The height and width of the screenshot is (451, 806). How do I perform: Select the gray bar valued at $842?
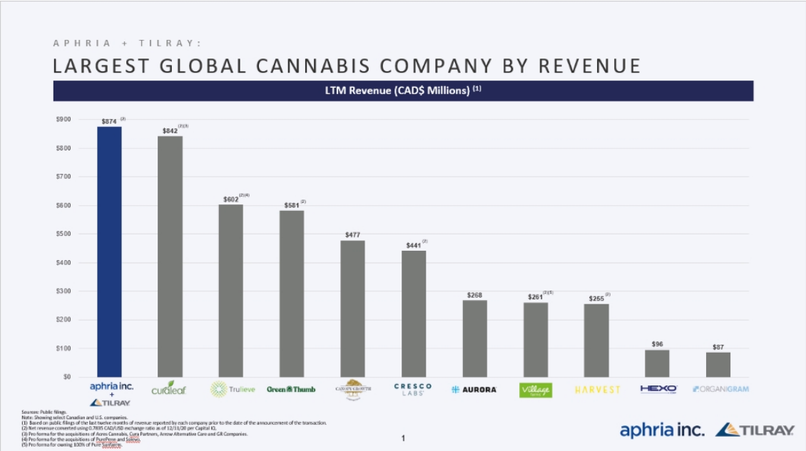click(x=170, y=256)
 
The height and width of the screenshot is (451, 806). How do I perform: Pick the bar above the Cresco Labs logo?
click(x=414, y=313)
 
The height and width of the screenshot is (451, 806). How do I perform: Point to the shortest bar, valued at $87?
click(x=718, y=364)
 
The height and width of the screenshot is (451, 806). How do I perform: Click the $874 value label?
click(x=109, y=122)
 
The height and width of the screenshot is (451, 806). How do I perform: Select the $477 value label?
click(x=352, y=235)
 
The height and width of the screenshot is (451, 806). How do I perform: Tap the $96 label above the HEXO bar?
click(x=657, y=344)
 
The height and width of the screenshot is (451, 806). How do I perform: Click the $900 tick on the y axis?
click(x=63, y=119)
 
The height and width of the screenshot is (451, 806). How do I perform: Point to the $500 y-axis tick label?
click(x=63, y=234)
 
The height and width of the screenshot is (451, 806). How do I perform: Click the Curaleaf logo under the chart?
click(x=169, y=389)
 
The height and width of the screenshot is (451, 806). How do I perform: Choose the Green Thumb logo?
click(x=291, y=389)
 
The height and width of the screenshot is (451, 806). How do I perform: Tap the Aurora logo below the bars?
click(x=474, y=390)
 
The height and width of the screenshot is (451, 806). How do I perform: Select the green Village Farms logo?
click(x=536, y=390)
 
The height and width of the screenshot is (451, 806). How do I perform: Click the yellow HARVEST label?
click(x=597, y=390)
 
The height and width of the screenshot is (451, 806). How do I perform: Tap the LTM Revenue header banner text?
click(x=404, y=90)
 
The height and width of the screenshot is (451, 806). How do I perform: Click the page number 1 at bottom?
click(x=403, y=438)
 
